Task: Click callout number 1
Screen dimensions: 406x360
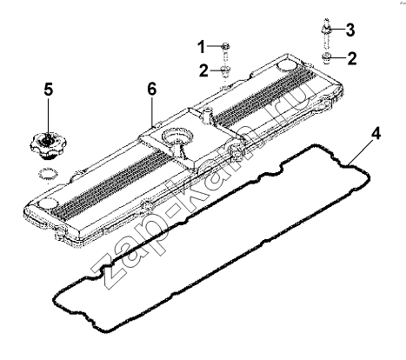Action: pyautogui.click(x=202, y=48)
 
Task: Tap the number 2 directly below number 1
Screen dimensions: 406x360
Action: pyautogui.click(x=203, y=70)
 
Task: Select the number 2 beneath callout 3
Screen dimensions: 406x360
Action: pyautogui.click(x=352, y=58)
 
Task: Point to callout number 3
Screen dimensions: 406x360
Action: pyautogui.click(x=350, y=30)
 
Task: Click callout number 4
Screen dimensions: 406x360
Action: pyautogui.click(x=376, y=134)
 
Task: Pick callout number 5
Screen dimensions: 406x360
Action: pyautogui.click(x=49, y=90)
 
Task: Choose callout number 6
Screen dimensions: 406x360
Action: pyautogui.click(x=152, y=89)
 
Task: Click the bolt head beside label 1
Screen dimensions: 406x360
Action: pyautogui.click(x=226, y=46)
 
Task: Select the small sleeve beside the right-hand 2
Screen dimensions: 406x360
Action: pyautogui.click(x=327, y=58)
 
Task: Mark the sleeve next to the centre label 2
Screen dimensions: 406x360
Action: pyautogui.click(x=225, y=72)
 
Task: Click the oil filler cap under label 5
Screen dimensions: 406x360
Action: pyautogui.click(x=48, y=145)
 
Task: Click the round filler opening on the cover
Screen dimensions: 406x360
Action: pyautogui.click(x=176, y=136)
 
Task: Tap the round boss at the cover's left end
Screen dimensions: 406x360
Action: pyautogui.click(x=47, y=203)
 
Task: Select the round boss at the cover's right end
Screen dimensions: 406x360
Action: pyautogui.click(x=287, y=66)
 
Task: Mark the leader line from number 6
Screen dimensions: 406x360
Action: pyautogui.click(x=152, y=111)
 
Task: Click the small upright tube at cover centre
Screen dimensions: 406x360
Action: pyautogui.click(x=207, y=116)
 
